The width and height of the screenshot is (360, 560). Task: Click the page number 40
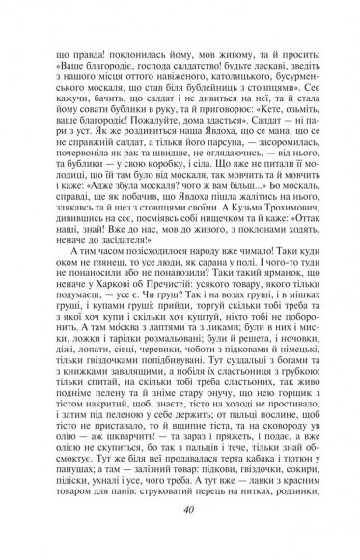pos(180,540)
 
